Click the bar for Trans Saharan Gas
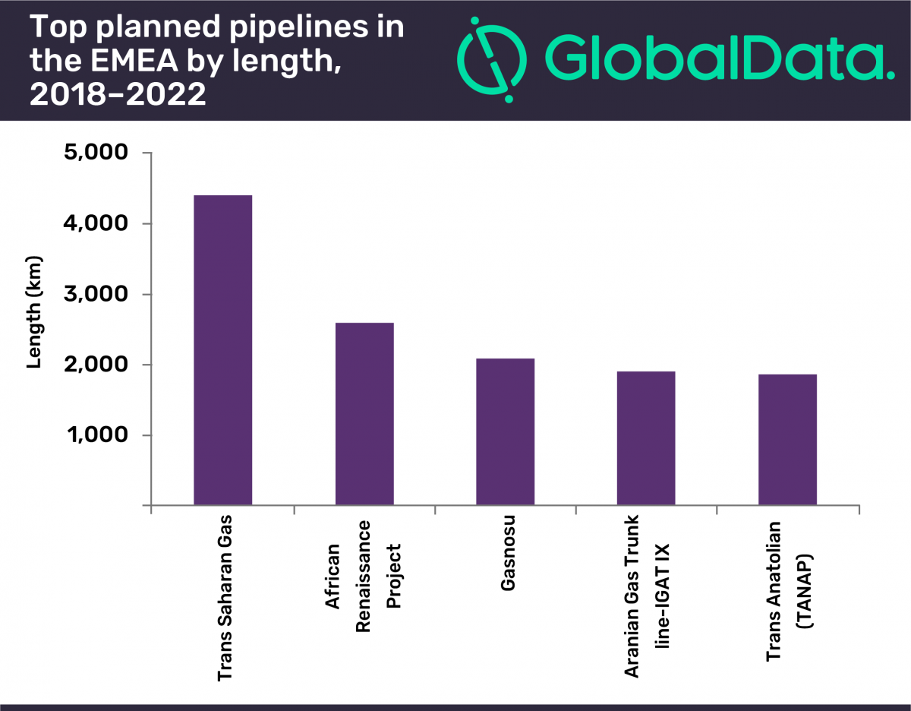(223, 350)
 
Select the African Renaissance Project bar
(364, 414)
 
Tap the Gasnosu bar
(506, 431)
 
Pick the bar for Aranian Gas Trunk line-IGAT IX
(646, 438)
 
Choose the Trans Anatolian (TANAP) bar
(787, 440)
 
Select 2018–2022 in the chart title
(118, 96)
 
